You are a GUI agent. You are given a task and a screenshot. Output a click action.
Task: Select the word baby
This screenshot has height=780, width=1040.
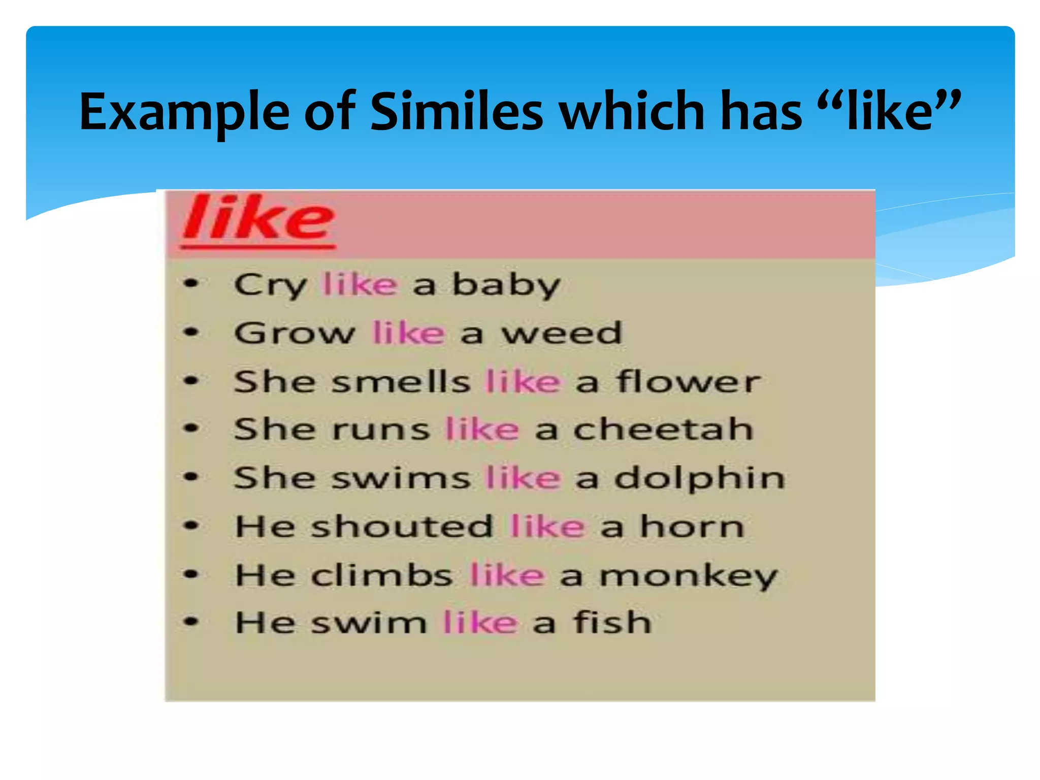pyautogui.click(x=506, y=285)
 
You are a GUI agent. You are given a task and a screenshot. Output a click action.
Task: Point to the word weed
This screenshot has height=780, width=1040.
pyautogui.click(x=562, y=333)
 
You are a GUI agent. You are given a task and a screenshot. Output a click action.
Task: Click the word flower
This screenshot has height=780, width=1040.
pyautogui.click(x=689, y=381)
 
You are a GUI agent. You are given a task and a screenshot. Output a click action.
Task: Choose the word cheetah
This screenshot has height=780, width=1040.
pyautogui.click(x=663, y=430)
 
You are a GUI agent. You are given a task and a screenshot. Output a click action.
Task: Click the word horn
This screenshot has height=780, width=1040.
pyautogui.click(x=692, y=527)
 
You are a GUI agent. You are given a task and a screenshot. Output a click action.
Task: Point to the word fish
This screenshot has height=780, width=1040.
pyautogui.click(x=612, y=623)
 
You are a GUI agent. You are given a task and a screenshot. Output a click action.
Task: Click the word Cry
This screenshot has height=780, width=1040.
pyautogui.click(x=270, y=285)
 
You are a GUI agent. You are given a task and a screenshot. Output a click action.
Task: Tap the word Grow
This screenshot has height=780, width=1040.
pyautogui.click(x=295, y=333)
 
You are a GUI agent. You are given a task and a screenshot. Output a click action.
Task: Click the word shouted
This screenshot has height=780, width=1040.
pyautogui.click(x=402, y=527)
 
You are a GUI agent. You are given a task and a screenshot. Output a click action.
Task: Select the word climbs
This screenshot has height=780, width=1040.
pyautogui.click(x=382, y=575)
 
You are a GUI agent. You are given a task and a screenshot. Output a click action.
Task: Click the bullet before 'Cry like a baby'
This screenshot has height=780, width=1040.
pyautogui.click(x=191, y=283)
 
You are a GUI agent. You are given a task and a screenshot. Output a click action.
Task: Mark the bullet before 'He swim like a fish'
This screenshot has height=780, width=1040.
pyautogui.click(x=191, y=622)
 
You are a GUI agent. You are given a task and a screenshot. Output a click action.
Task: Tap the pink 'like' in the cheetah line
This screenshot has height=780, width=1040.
pyautogui.click(x=482, y=430)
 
